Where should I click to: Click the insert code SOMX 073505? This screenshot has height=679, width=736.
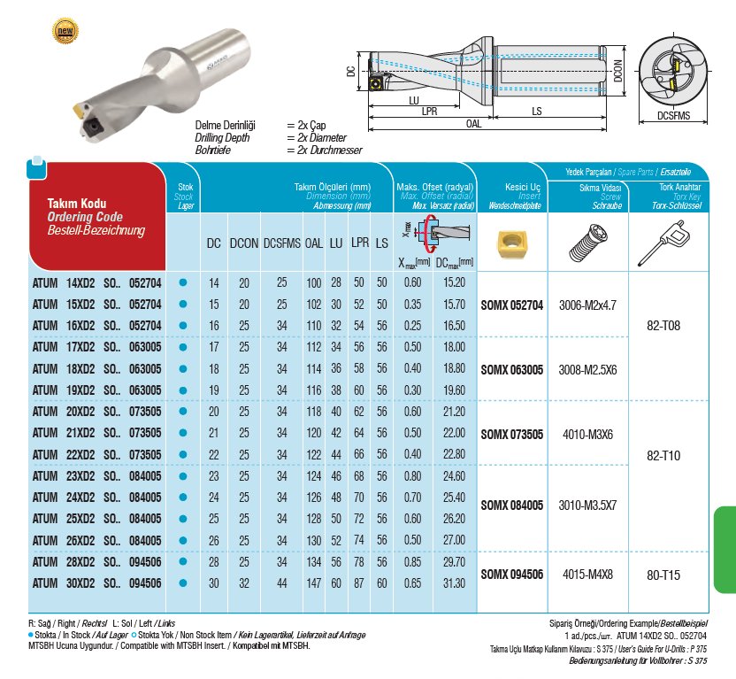(512, 435)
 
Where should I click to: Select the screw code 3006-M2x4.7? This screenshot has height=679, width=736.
(587, 304)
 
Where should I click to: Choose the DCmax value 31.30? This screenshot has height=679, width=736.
(452, 583)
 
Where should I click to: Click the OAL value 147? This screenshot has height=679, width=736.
(313, 583)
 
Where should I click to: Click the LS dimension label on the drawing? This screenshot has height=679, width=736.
(537, 112)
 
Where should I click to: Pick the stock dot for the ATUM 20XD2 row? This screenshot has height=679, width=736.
(184, 412)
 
